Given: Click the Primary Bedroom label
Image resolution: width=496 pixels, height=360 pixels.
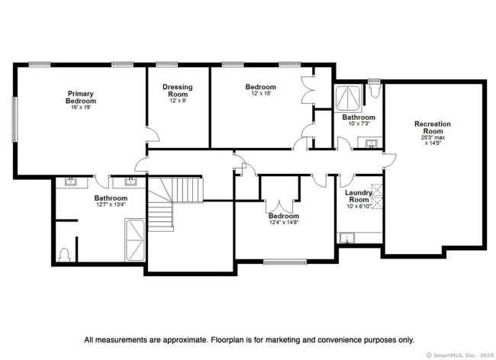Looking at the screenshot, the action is click(x=81, y=98).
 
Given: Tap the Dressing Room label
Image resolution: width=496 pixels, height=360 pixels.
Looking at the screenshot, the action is click(x=178, y=91).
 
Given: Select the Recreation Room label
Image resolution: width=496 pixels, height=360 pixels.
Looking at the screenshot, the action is click(x=433, y=127).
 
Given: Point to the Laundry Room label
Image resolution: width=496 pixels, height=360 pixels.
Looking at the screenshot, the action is click(x=359, y=196).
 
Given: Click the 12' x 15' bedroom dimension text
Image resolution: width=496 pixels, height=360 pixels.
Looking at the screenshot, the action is click(x=261, y=94).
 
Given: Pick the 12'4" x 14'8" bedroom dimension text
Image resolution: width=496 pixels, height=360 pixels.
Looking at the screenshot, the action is click(x=283, y=223).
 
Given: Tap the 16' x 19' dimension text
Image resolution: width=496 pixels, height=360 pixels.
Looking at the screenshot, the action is click(x=81, y=107).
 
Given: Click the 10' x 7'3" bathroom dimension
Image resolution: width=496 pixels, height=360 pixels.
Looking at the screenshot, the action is click(x=359, y=124).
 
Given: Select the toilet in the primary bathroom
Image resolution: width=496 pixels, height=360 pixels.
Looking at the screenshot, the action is click(x=64, y=255).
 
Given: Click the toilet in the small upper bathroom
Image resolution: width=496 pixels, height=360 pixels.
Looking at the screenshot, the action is click(x=375, y=89).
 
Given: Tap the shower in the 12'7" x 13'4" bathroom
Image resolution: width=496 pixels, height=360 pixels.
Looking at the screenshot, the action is click(x=135, y=240).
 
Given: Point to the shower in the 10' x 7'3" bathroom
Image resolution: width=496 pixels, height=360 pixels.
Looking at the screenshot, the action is click(x=348, y=98).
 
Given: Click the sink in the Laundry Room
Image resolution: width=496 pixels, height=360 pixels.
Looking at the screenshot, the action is click(x=347, y=238).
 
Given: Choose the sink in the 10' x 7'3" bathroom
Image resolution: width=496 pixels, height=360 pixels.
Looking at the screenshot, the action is click(x=371, y=143).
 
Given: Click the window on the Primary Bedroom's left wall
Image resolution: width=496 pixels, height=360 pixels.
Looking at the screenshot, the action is click(x=14, y=119).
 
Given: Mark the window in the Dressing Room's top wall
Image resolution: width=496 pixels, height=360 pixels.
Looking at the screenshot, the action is click(x=166, y=65).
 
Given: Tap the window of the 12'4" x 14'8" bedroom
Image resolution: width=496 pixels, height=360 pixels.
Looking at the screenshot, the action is click(x=285, y=262).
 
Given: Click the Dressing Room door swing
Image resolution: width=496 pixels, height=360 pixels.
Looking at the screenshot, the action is click(x=153, y=134).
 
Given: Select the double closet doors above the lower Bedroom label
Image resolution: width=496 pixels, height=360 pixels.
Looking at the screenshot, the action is click(x=279, y=207).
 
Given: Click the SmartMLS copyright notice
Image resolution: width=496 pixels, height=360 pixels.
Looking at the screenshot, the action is click(x=460, y=355).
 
